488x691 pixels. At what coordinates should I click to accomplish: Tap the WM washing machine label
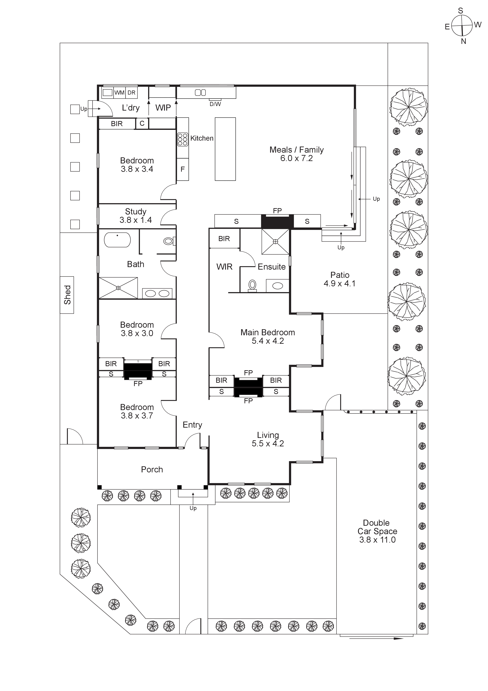pyautogui.click(x=119, y=93)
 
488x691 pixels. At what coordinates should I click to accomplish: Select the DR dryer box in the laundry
pyautogui.click(x=131, y=93)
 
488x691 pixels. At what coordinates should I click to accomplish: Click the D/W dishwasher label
pyautogui.click(x=215, y=104)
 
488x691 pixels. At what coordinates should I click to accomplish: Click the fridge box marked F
pyautogui.click(x=182, y=169)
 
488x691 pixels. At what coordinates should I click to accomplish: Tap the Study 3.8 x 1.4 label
pyautogui.click(x=136, y=216)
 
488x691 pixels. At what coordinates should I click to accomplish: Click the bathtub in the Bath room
pyautogui.click(x=117, y=240)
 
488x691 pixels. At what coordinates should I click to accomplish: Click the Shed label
pyautogui.click(x=67, y=295)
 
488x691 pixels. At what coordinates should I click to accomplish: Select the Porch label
pyautogui.click(x=152, y=470)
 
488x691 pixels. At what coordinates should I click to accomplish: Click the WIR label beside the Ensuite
pyautogui.click(x=224, y=267)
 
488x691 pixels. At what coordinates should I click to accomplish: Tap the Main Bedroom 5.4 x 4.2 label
pyautogui.click(x=268, y=336)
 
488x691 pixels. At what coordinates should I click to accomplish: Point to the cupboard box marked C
pyautogui.click(x=142, y=123)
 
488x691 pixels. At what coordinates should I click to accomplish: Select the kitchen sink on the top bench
pyautogui.click(x=200, y=93)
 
